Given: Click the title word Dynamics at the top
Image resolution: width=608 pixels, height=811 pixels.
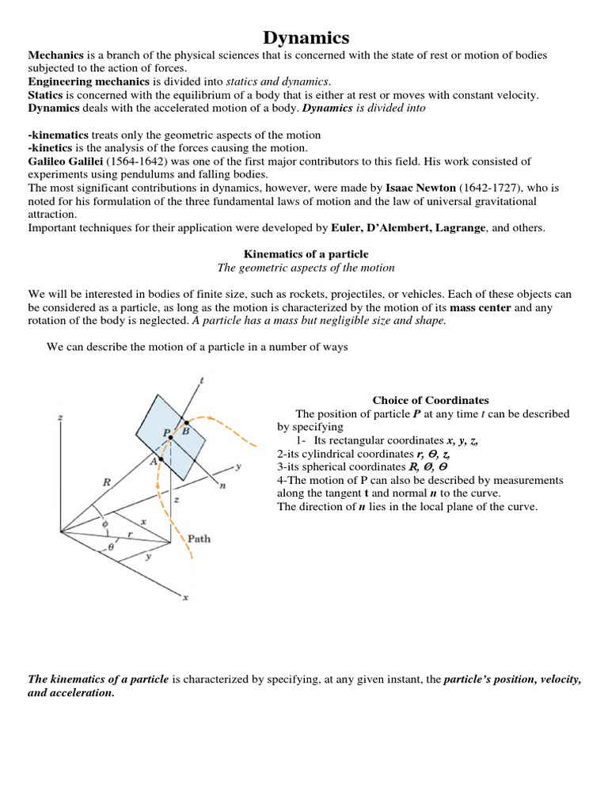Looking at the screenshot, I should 305,37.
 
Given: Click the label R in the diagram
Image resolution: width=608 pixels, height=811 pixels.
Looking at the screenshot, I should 106,480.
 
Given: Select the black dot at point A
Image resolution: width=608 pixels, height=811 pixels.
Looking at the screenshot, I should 161,459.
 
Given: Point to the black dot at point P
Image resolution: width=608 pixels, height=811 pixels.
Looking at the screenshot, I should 174,433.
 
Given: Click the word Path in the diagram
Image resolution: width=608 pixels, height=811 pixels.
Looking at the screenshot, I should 199,539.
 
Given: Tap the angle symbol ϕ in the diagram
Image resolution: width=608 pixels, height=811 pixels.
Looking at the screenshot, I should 104,524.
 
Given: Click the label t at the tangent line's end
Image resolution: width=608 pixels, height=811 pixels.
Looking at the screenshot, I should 202,380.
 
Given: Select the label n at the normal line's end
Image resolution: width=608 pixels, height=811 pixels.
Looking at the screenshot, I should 223,487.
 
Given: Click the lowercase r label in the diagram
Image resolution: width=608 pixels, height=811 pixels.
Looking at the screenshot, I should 130,535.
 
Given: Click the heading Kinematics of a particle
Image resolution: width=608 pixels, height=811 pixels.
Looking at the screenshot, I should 306,254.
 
